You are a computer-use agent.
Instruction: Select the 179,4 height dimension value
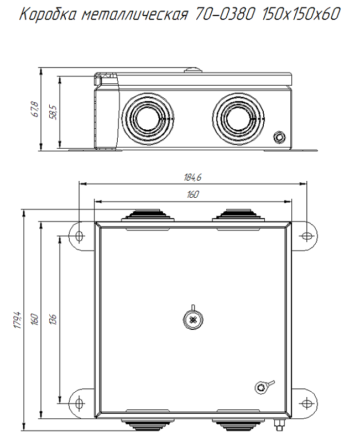(18, 321)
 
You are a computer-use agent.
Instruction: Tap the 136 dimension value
(53, 319)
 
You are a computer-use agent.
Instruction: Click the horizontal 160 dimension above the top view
(192, 194)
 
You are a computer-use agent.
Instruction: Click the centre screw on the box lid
(192, 320)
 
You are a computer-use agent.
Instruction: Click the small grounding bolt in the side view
(280, 136)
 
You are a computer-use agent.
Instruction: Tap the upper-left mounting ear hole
(79, 236)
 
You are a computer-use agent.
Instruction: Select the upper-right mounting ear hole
(307, 236)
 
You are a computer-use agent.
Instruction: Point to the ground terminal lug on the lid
(261, 387)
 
